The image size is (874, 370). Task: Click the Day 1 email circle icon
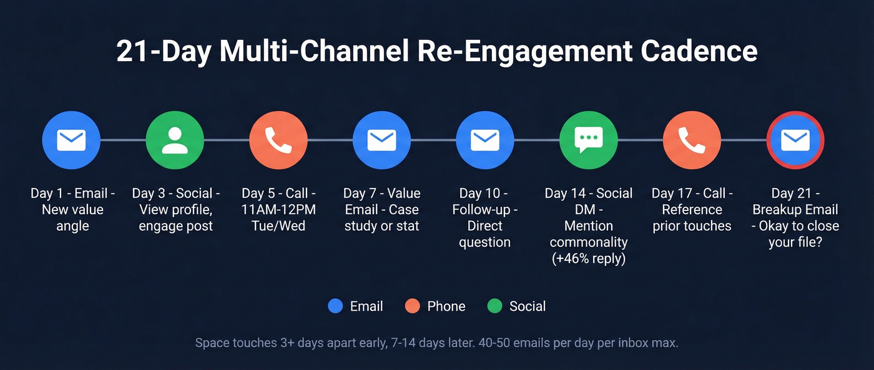(71, 140)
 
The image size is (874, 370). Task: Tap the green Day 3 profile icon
(175, 140)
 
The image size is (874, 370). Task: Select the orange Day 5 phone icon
(278, 140)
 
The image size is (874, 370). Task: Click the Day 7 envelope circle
(381, 140)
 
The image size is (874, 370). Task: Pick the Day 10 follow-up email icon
(485, 140)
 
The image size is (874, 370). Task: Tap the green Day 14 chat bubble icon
(589, 140)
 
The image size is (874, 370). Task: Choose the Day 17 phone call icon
(692, 140)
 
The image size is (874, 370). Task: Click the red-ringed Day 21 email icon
(795, 140)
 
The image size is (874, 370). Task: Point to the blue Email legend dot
(335, 306)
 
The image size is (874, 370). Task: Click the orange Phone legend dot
(412, 306)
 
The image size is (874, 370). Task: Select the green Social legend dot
(494, 306)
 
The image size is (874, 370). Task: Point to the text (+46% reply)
(589, 258)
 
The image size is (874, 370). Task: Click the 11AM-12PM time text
(278, 210)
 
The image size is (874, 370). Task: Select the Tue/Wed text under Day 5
(278, 226)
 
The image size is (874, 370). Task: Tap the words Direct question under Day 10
(485, 234)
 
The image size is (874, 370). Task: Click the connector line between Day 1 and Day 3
(123, 140)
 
